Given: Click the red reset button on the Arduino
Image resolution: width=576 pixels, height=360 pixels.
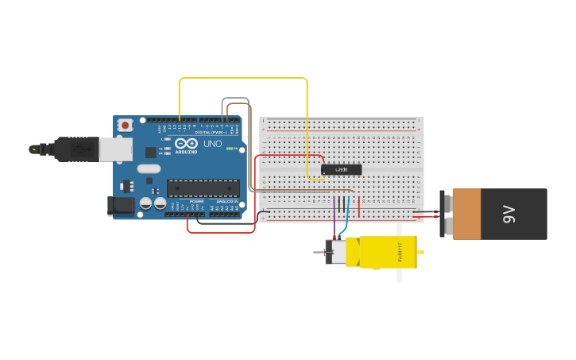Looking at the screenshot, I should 126,125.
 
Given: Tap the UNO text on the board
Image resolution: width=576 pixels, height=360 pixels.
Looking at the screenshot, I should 213,144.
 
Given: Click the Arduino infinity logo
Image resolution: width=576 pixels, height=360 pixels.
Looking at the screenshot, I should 186,143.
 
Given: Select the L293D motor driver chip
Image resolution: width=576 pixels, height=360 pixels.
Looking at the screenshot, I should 341,169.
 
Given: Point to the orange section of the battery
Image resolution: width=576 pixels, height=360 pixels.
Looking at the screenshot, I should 466,214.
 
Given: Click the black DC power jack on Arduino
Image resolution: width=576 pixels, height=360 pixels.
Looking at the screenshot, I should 120,205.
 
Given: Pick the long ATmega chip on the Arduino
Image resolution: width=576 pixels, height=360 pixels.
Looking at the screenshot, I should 203,188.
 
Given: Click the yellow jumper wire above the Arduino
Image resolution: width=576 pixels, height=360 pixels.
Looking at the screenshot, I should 242,79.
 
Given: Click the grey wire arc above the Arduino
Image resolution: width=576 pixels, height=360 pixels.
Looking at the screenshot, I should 236,99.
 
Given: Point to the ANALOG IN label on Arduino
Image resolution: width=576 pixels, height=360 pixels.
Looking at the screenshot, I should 226,201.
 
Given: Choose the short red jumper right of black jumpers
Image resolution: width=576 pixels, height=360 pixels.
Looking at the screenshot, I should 358,207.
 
